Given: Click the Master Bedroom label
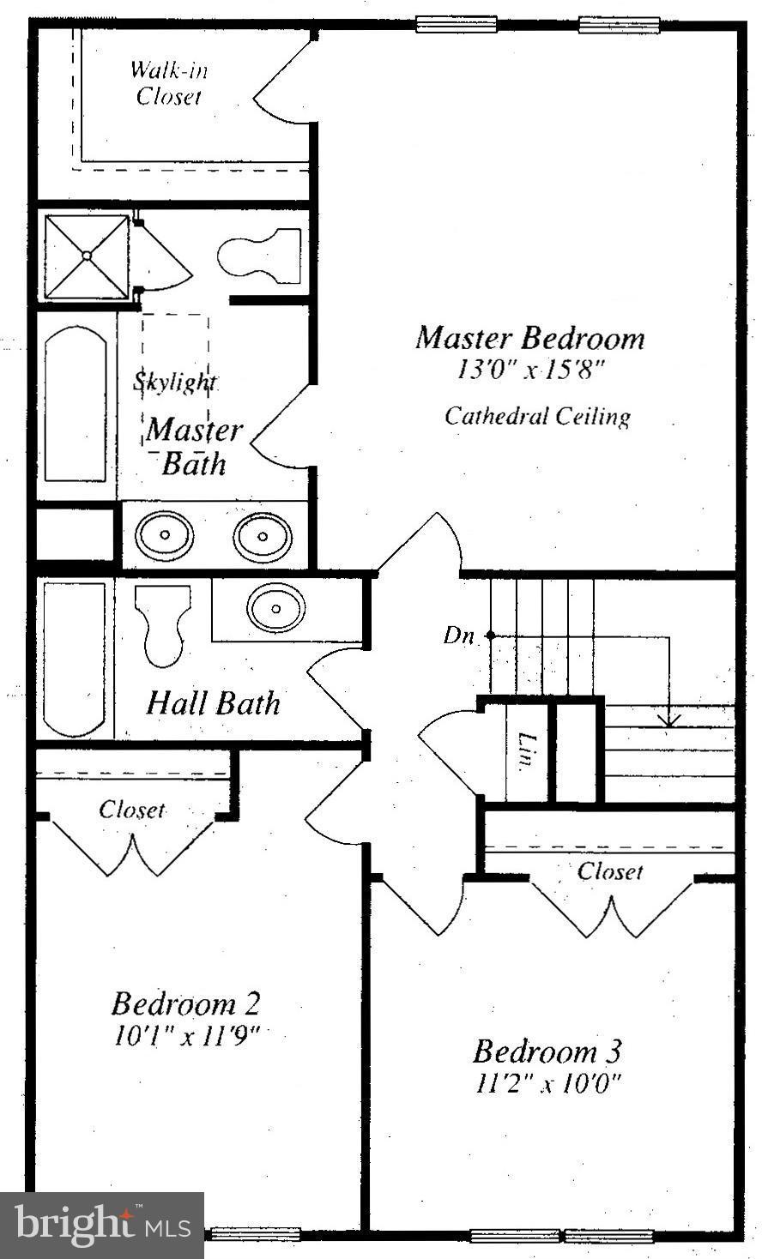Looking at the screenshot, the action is pyautogui.click(x=529, y=339).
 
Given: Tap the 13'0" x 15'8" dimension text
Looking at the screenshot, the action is pyautogui.click(x=529, y=370).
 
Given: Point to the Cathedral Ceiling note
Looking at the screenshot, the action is pyautogui.click(x=538, y=417).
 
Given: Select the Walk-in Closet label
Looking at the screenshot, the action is pyautogui.click(x=169, y=83).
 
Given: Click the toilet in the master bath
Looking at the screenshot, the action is pyautogui.click(x=260, y=256).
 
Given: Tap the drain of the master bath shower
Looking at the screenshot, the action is pyautogui.click(x=87, y=256).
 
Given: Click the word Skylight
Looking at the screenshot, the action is pyautogui.click(x=175, y=383).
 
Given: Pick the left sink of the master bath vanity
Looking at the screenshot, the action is pyautogui.click(x=164, y=534).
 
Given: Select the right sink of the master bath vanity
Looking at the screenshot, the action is pyautogui.click(x=263, y=536).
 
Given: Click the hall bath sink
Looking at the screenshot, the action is pyautogui.click(x=275, y=607).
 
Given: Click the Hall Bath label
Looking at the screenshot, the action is pyautogui.click(x=213, y=702).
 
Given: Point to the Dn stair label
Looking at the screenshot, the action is pyautogui.click(x=458, y=636).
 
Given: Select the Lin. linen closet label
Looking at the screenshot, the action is pyautogui.click(x=526, y=750).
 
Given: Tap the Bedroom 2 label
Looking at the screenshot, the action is pyautogui.click(x=185, y=1003).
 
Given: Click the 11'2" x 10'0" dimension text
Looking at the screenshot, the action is pyautogui.click(x=547, y=1083).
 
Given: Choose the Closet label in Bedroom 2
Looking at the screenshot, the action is pyautogui.click(x=131, y=810).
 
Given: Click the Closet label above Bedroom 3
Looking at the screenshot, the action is pyautogui.click(x=610, y=871).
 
